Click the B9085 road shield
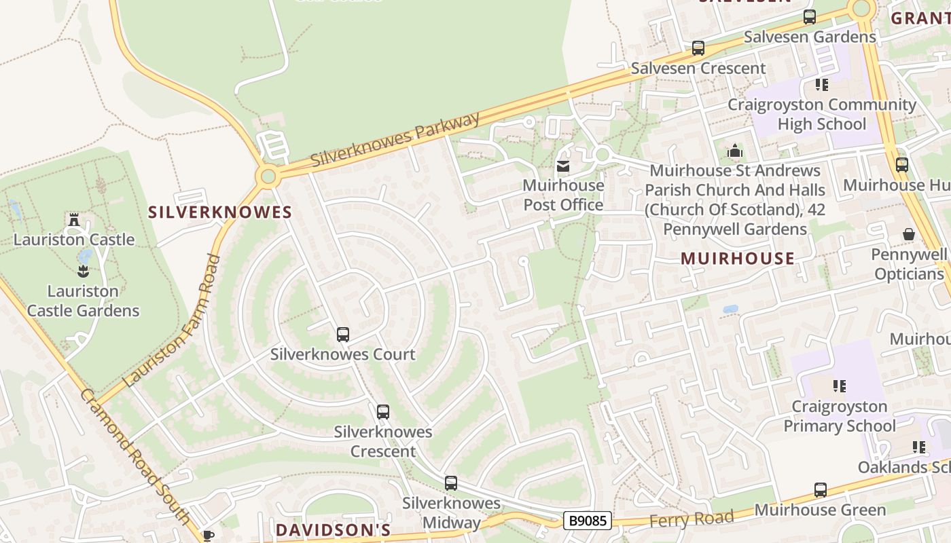tap(588, 521)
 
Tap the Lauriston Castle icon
tap(74, 220)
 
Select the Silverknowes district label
tap(220, 212)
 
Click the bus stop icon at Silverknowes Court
tap(343, 335)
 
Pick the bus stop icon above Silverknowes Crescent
tap(383, 412)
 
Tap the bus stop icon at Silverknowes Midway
tap(451, 483)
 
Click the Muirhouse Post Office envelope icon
tap(563, 166)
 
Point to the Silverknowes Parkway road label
tap(396, 139)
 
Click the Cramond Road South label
tap(135, 456)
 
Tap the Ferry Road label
tap(692, 519)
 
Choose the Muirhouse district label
tap(737, 258)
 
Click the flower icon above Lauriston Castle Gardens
tap(83, 271)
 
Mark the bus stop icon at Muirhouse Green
tap(821, 490)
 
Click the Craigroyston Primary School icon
tap(840, 386)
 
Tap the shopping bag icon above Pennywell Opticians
tap(909, 235)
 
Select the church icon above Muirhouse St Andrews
tap(735, 151)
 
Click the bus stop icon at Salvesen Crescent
tap(698, 48)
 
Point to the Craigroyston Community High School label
tap(822, 114)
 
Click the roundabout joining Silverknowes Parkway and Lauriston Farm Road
tap(268, 177)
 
